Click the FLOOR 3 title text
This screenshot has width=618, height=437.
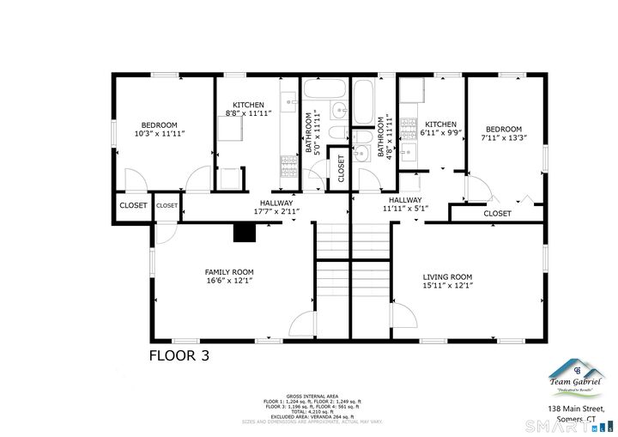click(x=179, y=355)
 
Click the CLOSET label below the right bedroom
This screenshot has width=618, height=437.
click(x=497, y=213)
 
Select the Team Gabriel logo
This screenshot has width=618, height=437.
click(x=576, y=379)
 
